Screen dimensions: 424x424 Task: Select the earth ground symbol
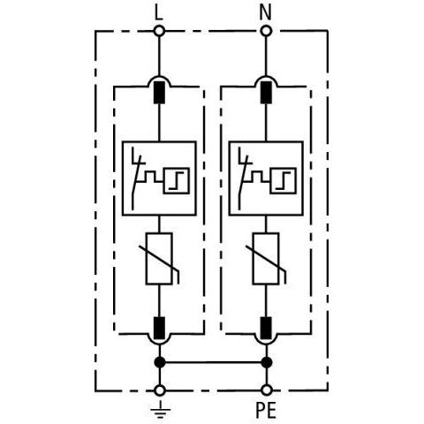click(x=159, y=409)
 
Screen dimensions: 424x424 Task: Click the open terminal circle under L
click(x=159, y=31)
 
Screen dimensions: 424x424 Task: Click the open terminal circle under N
click(x=265, y=31)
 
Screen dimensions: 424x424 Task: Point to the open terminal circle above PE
click(x=265, y=390)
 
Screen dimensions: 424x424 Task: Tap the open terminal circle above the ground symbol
click(x=159, y=390)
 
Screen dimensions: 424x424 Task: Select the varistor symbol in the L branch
click(x=159, y=259)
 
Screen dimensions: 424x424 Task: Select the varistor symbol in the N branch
click(x=265, y=259)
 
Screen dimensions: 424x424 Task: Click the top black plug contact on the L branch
click(x=159, y=90)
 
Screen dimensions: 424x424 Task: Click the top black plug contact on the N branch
click(x=265, y=90)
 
